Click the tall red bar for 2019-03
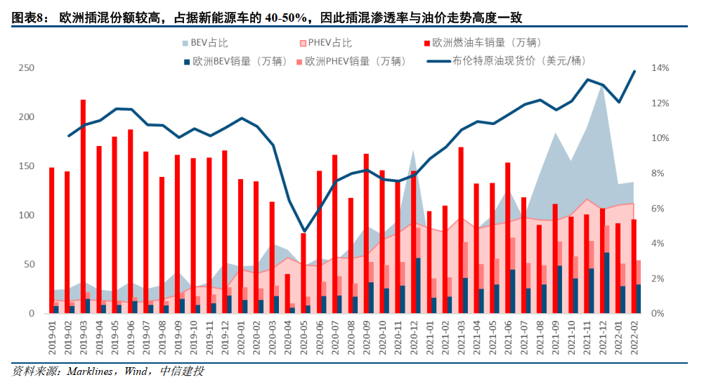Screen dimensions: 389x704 (83, 206)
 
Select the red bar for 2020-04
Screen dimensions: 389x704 (287, 294)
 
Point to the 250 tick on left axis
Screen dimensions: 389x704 (27, 68)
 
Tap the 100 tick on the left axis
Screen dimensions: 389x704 (27, 216)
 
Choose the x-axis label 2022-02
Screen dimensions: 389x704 (637, 337)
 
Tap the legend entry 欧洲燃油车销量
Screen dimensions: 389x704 (486, 42)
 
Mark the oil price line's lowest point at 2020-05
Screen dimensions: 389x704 (304, 231)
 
